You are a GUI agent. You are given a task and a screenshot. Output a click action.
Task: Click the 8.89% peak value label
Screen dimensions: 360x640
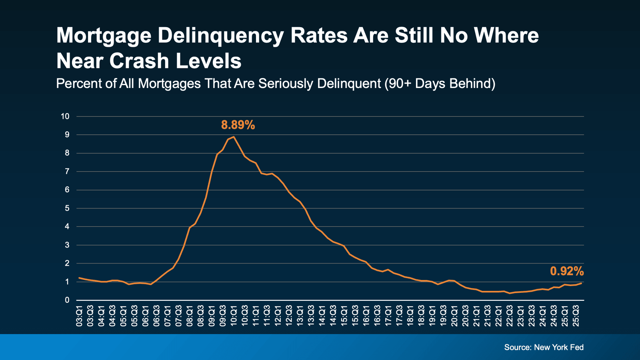238,125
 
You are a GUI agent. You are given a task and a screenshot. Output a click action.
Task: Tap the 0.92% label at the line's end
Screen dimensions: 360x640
567,271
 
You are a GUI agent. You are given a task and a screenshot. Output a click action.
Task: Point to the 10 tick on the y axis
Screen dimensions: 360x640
65,116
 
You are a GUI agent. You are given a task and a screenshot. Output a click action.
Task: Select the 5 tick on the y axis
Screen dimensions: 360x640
67,208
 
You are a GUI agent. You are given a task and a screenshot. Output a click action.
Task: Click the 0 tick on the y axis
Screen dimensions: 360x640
67,300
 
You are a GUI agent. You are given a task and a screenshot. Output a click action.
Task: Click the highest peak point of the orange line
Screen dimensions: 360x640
234,137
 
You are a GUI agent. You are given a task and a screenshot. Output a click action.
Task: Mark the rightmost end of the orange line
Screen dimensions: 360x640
581,283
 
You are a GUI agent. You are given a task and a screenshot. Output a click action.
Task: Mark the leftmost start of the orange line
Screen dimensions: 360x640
79,278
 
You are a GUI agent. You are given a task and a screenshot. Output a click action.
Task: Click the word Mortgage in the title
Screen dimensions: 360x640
104,36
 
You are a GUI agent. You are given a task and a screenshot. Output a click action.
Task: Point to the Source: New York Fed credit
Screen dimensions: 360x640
544,347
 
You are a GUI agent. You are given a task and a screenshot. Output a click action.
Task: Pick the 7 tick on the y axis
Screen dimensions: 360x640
67,172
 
